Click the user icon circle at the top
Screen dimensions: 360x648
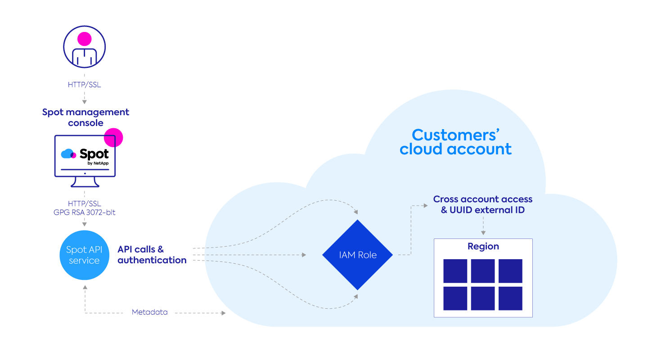(85, 46)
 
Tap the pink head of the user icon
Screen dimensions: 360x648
(84, 39)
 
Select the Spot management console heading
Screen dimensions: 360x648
(85, 117)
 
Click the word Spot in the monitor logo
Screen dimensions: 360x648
(94, 154)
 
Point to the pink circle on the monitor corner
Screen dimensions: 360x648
(113, 137)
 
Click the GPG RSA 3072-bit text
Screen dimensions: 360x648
(85, 212)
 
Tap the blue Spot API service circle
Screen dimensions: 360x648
(84, 255)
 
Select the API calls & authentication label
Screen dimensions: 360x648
(152, 255)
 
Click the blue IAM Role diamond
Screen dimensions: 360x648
(357, 255)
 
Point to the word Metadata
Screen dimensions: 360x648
(149, 312)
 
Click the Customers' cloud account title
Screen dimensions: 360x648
(455, 142)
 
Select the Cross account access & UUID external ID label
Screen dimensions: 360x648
(482, 204)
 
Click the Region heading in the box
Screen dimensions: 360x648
(483, 247)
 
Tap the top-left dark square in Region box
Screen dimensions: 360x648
(455, 271)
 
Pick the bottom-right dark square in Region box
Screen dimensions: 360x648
(510, 298)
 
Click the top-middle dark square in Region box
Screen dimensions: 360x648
(483, 271)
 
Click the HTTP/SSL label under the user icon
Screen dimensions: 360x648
(85, 84)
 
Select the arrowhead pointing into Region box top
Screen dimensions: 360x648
(483, 233)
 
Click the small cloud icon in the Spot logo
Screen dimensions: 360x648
(68, 154)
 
